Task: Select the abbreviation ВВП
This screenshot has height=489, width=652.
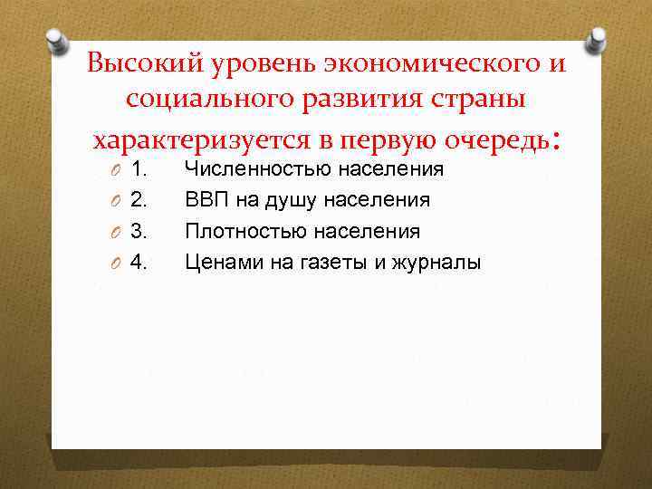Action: [x=205, y=199]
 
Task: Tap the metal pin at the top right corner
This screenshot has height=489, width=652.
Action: [x=597, y=37]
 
